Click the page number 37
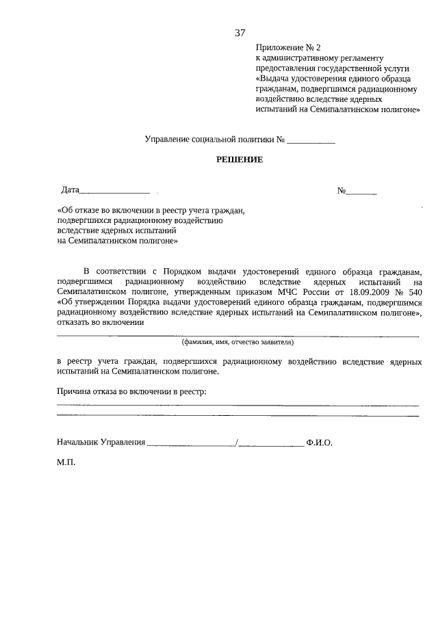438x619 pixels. (240, 32)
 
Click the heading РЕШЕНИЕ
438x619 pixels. (240, 160)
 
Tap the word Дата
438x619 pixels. (70, 190)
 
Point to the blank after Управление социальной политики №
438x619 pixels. (311, 141)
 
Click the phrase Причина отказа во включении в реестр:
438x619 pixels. (132, 391)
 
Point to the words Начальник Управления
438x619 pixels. (101, 443)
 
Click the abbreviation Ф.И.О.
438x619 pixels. (320, 443)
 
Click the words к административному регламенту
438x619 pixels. (320, 58)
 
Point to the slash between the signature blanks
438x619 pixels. (236, 443)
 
